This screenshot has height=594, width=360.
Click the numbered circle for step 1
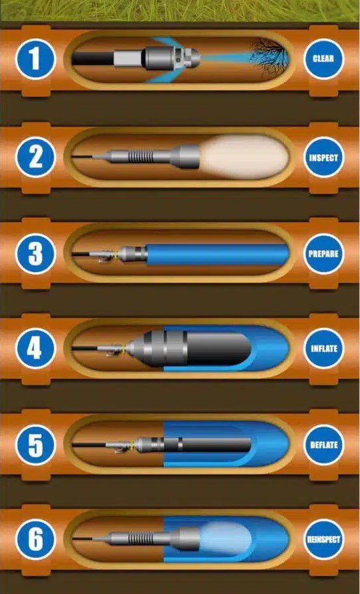(35, 59)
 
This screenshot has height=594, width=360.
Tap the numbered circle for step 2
(35, 157)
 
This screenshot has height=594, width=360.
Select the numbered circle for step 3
(35, 254)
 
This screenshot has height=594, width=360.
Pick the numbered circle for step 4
(35, 349)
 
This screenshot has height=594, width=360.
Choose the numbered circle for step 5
(35, 445)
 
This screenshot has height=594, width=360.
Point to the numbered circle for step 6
(35, 539)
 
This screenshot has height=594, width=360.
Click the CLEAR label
(323, 59)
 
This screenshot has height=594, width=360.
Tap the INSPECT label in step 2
(323, 157)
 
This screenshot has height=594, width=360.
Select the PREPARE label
(323, 254)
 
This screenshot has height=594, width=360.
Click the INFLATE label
(323, 349)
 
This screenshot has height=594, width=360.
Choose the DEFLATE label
(323, 445)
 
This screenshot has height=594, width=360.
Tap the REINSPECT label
(323, 539)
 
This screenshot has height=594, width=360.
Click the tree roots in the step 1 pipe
(269, 57)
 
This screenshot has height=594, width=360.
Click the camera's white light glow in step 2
(245, 157)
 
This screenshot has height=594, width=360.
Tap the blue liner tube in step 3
(217, 254)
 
